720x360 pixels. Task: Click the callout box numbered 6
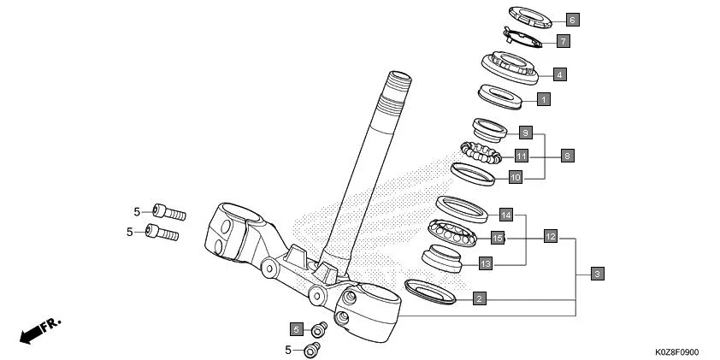pyautogui.click(x=572, y=18)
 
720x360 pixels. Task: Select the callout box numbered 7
pyautogui.click(x=562, y=40)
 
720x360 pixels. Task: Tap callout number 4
pyautogui.click(x=558, y=74)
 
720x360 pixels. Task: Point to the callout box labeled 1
pyautogui.click(x=542, y=99)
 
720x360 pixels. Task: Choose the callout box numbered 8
pyautogui.click(x=567, y=156)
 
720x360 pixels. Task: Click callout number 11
pyautogui.click(x=521, y=156)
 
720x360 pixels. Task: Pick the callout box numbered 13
pyautogui.click(x=485, y=263)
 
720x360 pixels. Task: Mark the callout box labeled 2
pyautogui.click(x=480, y=298)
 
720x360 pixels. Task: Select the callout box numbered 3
pyautogui.click(x=597, y=274)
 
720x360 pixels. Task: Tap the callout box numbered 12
pyautogui.click(x=550, y=236)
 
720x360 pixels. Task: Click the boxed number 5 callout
pyautogui.click(x=297, y=329)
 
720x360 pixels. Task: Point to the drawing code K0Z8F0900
pyautogui.click(x=676, y=351)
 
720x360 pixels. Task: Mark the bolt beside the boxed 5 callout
pyautogui.click(x=319, y=328)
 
